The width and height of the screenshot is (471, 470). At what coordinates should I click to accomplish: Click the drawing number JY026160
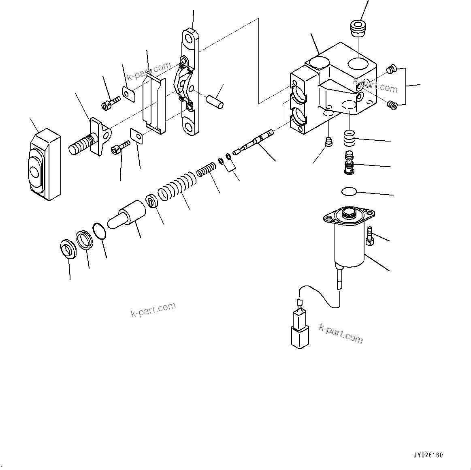tap(428, 455)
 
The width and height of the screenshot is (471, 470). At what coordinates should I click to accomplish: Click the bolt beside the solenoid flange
tap(369, 236)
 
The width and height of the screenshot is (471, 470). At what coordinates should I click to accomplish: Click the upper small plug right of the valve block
tap(391, 70)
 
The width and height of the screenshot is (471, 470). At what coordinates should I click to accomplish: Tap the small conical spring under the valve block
tap(329, 142)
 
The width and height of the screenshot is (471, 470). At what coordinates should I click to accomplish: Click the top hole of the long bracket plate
tap(189, 39)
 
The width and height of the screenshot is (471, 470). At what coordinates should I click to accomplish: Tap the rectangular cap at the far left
tap(44, 165)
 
